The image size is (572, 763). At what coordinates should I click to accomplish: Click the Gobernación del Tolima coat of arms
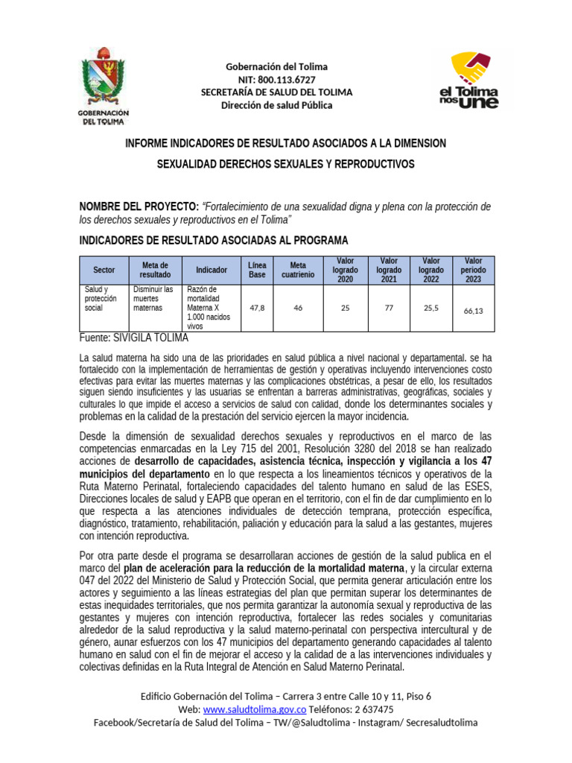(104, 83)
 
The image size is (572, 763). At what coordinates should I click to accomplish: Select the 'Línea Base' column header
(257, 270)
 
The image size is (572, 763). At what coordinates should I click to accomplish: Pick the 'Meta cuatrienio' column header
(298, 270)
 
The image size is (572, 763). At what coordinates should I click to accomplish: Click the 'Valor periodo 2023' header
(473, 270)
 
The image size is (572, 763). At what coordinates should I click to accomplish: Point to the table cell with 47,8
(257, 307)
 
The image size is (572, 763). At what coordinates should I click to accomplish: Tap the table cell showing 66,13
(473, 311)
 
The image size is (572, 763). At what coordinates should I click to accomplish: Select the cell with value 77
(389, 307)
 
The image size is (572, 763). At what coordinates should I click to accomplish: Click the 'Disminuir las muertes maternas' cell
(153, 298)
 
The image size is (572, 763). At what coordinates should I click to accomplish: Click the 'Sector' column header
(104, 270)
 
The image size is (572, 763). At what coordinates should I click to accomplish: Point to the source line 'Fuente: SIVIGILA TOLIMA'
(134, 338)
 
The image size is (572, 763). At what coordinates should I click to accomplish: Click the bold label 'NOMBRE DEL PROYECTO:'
(139, 206)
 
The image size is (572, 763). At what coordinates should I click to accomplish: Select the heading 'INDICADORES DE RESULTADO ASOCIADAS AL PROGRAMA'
(213, 240)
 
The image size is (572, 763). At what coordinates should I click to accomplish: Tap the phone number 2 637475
(368, 709)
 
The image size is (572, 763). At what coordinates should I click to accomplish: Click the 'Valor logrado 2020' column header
(345, 270)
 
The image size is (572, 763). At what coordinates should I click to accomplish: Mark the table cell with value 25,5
(431, 307)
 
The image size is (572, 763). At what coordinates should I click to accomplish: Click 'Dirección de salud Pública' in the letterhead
(277, 105)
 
